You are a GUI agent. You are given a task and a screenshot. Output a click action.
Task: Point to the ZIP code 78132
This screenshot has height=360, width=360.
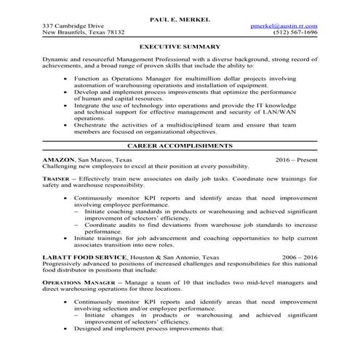pyautogui.click(x=115, y=33)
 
